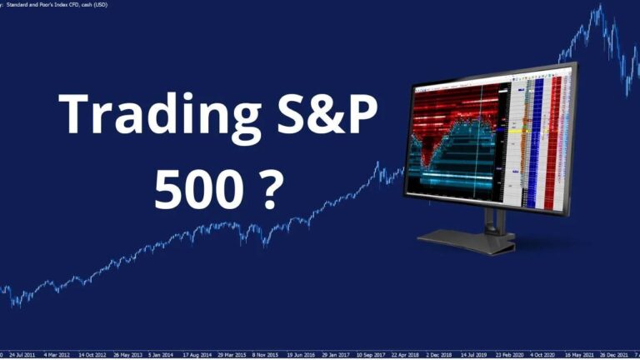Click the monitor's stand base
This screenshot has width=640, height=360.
pos(466,242)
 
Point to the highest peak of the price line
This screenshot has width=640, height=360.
pos(597,7)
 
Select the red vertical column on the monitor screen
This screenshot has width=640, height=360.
pos(553,142)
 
